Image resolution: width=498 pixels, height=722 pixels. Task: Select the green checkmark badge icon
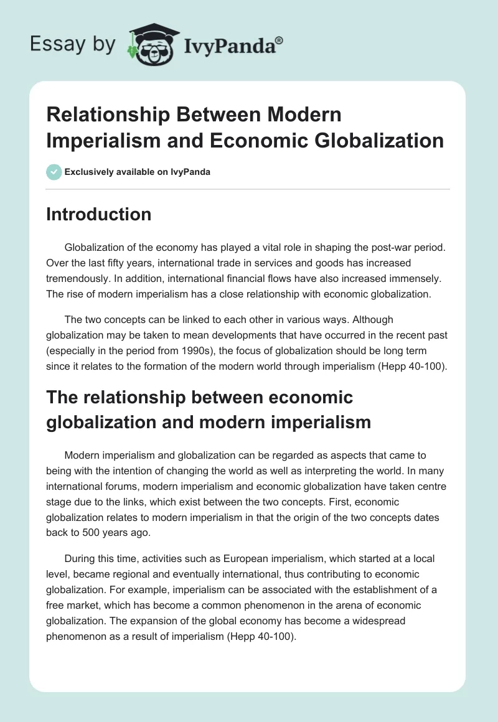click(54, 172)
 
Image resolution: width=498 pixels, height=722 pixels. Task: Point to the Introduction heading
click(98, 214)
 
